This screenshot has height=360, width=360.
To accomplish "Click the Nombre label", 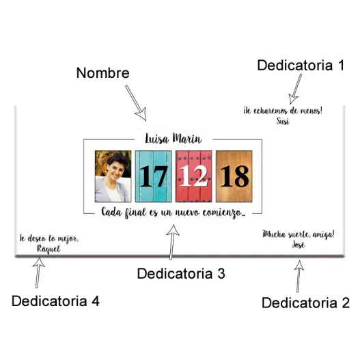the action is tap(103, 73).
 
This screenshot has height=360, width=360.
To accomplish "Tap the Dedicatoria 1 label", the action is tap(301, 65).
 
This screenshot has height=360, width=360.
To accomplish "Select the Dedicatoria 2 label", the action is tap(305, 303).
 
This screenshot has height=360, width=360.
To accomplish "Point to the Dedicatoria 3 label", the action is tap(181, 273).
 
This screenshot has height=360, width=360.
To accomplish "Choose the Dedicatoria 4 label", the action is tap(55, 301).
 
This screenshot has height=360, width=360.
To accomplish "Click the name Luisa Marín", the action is tap(174, 138).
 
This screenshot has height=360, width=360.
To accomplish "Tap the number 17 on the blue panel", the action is tap(154, 176).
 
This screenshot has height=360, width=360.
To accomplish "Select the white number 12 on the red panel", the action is tap(194, 176).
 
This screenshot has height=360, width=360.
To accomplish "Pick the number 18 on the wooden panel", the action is tap(234, 176).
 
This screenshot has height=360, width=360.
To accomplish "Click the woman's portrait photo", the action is tap(113, 176).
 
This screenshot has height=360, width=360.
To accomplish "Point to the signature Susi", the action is tap(283, 121).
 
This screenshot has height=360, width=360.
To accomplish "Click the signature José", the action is tap(299, 245).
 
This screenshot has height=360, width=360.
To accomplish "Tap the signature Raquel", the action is tap(49, 249).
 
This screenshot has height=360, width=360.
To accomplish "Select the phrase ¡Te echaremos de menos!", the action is tap(283, 111).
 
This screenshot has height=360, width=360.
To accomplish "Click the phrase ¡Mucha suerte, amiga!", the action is tap(299, 234).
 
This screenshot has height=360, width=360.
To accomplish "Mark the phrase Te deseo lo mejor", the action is tap(49, 239).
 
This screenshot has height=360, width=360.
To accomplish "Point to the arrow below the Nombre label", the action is tap(136, 103).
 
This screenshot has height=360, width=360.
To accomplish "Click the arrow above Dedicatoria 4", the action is tap(38, 273).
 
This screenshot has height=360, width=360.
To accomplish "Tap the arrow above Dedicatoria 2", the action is tap(299, 276).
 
